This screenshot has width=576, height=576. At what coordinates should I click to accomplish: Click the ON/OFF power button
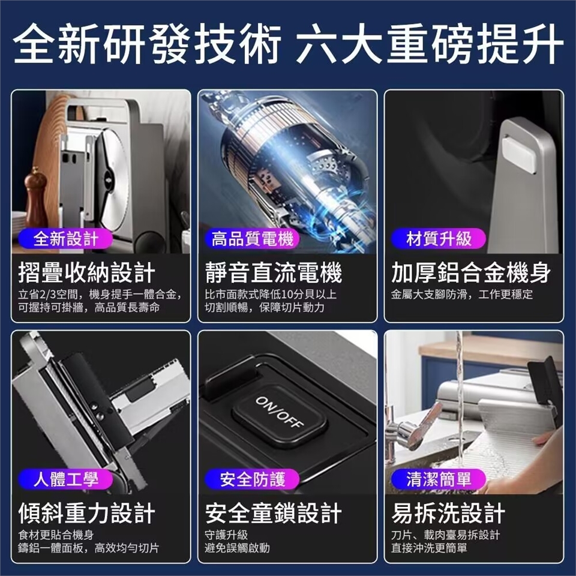click(280, 415)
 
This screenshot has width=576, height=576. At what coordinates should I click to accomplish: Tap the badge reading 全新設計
click(65, 239)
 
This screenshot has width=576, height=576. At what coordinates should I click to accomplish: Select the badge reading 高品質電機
click(252, 239)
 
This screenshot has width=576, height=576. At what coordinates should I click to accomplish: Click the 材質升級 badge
click(439, 239)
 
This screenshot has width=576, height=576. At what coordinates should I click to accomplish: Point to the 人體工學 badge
click(65, 479)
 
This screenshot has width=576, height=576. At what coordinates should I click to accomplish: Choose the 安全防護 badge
click(252, 479)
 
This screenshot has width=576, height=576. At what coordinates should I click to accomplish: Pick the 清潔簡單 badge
click(439, 479)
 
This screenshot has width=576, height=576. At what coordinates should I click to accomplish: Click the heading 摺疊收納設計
click(86, 272)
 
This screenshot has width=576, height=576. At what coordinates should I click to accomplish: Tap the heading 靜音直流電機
click(274, 272)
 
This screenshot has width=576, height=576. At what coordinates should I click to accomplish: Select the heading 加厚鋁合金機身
click(471, 272)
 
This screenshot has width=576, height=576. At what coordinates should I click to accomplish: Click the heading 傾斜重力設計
click(86, 513)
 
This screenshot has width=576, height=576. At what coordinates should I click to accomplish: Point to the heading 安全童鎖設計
click(274, 513)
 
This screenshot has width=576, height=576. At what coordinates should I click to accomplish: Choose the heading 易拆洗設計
click(448, 513)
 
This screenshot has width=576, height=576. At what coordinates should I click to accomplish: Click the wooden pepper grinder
click(35, 199)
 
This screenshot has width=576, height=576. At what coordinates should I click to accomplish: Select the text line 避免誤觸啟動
click(238, 548)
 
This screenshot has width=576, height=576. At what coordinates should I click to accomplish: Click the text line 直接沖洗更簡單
click(429, 548)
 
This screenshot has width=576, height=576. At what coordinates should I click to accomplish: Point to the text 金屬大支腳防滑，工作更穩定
click(462, 294)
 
